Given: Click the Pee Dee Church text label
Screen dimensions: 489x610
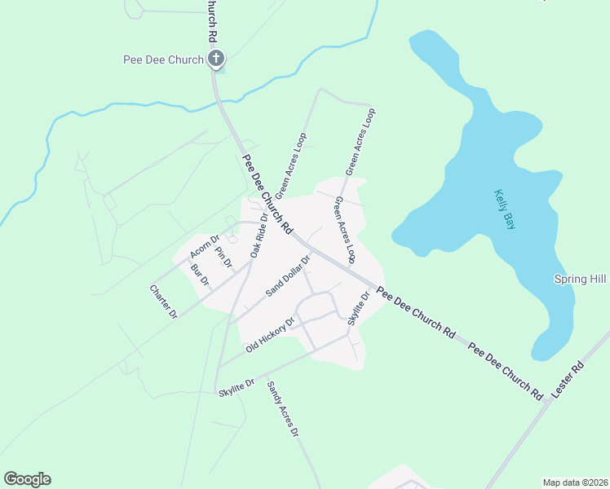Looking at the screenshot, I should coord(162,59).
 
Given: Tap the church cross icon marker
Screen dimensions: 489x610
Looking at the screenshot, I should coord(216,58).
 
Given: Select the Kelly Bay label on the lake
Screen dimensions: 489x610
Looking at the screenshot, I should coord(506,209).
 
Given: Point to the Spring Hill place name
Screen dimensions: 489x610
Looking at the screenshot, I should coord(581,279).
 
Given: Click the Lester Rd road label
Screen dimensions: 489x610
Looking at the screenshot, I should coord(568,379).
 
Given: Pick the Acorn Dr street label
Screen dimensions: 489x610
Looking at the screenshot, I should coord(205,247).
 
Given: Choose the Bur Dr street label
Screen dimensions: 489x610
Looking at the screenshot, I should coord(200,275).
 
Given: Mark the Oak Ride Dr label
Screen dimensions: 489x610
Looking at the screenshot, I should coord(259,236).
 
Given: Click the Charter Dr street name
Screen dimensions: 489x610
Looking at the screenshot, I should coord(163,301).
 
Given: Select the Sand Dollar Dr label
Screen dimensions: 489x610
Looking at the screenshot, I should coord(289,277).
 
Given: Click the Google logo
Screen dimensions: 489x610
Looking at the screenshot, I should coord(27,479).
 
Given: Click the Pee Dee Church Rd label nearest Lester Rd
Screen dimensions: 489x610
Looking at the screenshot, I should coord(506,371).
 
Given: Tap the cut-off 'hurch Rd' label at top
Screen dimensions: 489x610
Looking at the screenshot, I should coord(211,21).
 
